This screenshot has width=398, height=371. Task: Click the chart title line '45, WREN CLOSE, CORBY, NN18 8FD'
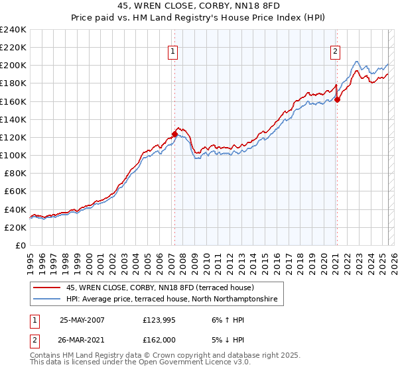point(198,8)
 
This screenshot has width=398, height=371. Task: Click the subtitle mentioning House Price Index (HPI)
point(198,19)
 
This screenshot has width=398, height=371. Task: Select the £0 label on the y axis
point(20,245)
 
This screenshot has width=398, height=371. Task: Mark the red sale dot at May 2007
point(175,134)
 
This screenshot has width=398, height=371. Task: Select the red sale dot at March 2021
point(337,100)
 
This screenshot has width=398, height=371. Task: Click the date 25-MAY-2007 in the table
point(82,320)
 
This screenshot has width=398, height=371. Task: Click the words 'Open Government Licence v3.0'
point(194,363)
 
